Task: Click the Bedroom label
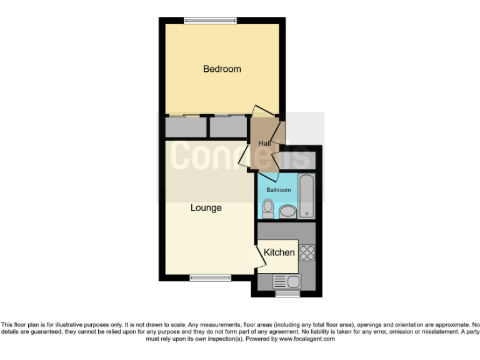tap(222, 69)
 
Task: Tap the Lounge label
tap(206, 207)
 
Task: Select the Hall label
tap(264, 144)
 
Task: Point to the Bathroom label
tap(279, 189)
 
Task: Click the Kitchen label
tap(279, 252)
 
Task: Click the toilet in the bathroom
tap(268, 209)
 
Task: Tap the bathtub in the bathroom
tap(306, 196)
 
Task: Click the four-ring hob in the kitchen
tap(307, 252)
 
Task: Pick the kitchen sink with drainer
tap(287, 281)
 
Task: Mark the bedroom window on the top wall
tap(210, 21)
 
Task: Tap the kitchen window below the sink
tap(287, 292)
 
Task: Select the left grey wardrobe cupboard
tap(186, 127)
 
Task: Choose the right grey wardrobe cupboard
tap(228, 127)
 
